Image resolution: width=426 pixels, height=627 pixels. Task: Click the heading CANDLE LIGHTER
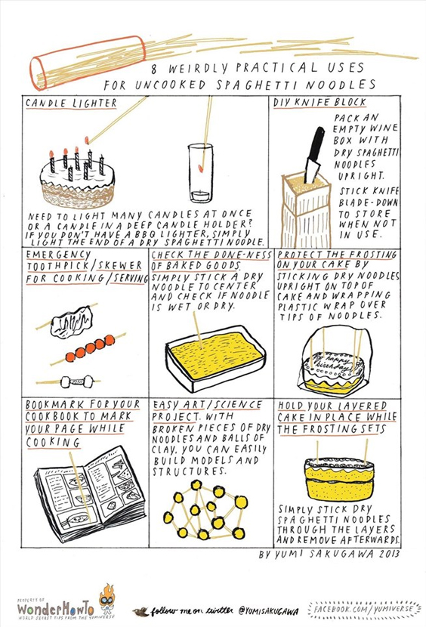tap(71, 103)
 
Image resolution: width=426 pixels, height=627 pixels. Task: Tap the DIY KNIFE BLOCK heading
tap(319, 103)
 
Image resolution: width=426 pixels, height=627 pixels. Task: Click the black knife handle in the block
tap(315, 145)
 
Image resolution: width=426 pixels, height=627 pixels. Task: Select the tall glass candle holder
tap(200, 174)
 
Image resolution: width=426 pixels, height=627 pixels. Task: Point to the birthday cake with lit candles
tap(77, 178)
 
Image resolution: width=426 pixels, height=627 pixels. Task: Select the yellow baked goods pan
tap(215, 357)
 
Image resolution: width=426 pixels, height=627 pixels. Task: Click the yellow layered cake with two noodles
tap(339, 477)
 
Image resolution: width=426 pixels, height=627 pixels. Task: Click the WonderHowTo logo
tap(56, 609)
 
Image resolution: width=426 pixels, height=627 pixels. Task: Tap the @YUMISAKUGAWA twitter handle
tap(269, 611)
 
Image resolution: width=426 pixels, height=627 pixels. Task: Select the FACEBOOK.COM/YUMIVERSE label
tap(364, 609)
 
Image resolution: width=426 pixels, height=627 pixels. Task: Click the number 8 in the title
tap(154, 69)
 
